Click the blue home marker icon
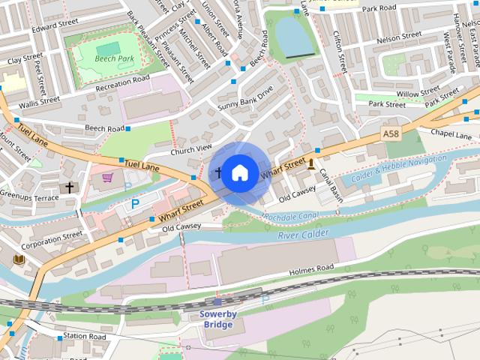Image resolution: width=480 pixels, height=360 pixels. click(239, 173)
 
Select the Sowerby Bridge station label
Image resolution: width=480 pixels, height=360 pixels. click(217, 319)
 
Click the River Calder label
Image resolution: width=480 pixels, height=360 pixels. click(303, 235)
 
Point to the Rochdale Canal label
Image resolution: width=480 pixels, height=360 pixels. click(292, 217)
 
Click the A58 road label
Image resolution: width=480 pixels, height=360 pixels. click(390, 133)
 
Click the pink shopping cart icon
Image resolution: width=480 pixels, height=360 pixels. click(107, 178)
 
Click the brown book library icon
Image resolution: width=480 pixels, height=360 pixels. click(19, 259)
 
